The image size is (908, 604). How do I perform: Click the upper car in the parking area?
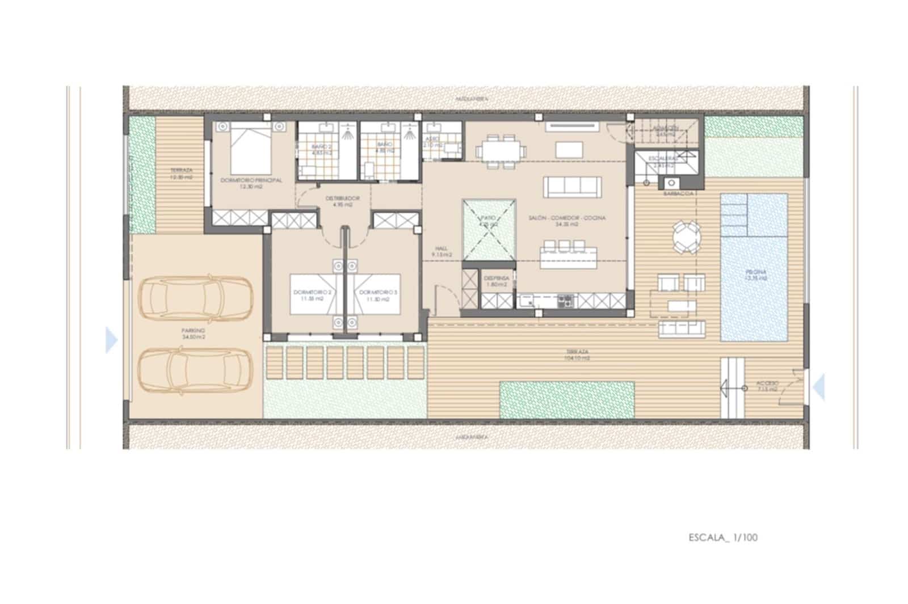[x=195, y=298]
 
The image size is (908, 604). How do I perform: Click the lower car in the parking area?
[x=195, y=370]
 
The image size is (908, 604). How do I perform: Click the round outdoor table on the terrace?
[x=686, y=237]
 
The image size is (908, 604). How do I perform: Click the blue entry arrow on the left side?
[x=111, y=341]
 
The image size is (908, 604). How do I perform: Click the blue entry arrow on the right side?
[x=818, y=387]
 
